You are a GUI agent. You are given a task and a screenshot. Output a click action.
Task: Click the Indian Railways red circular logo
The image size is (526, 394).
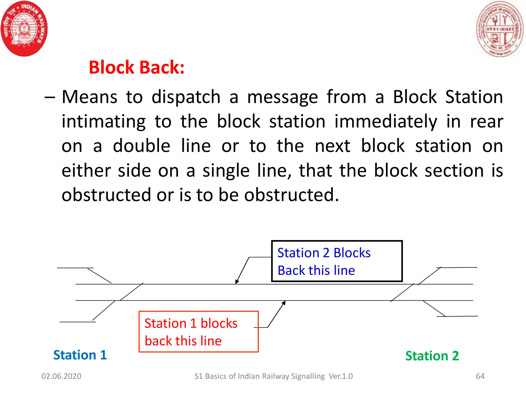coord(24,28)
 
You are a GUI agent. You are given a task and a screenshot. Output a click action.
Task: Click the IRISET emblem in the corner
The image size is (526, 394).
coord(500,29)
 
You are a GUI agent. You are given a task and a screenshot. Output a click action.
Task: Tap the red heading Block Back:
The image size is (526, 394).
coord(137,67)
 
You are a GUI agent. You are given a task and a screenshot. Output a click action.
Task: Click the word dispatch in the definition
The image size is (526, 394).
coord(186,97)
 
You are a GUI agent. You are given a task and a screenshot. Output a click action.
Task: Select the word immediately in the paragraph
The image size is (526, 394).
coord(386,122)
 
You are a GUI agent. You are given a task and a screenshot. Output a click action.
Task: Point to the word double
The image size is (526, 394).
coord(142,146)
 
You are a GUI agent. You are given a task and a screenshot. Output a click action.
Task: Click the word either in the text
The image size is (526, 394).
coord(86,171)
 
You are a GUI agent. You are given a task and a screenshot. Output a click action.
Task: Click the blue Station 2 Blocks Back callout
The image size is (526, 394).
coord(337,261)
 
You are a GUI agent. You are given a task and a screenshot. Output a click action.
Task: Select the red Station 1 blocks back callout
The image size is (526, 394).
coord(198,332)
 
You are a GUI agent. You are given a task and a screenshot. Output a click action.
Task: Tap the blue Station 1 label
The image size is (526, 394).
coord(80,355)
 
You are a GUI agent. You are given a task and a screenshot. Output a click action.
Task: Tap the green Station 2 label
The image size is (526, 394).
coord(432,356)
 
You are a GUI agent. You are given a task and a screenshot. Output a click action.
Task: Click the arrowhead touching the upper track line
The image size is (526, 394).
coord(237,282)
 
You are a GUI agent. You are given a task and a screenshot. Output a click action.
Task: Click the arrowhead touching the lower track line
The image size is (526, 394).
coord(284,303)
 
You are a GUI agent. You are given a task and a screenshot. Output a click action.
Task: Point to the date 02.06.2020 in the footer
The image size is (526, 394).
coord(61,376)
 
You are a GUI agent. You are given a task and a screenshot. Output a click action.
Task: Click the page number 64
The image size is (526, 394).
coord(480,376)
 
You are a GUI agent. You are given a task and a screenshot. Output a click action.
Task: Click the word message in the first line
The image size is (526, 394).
coord(283,97)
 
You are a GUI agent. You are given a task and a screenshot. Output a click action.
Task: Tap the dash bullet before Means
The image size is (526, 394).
coord(50,97)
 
